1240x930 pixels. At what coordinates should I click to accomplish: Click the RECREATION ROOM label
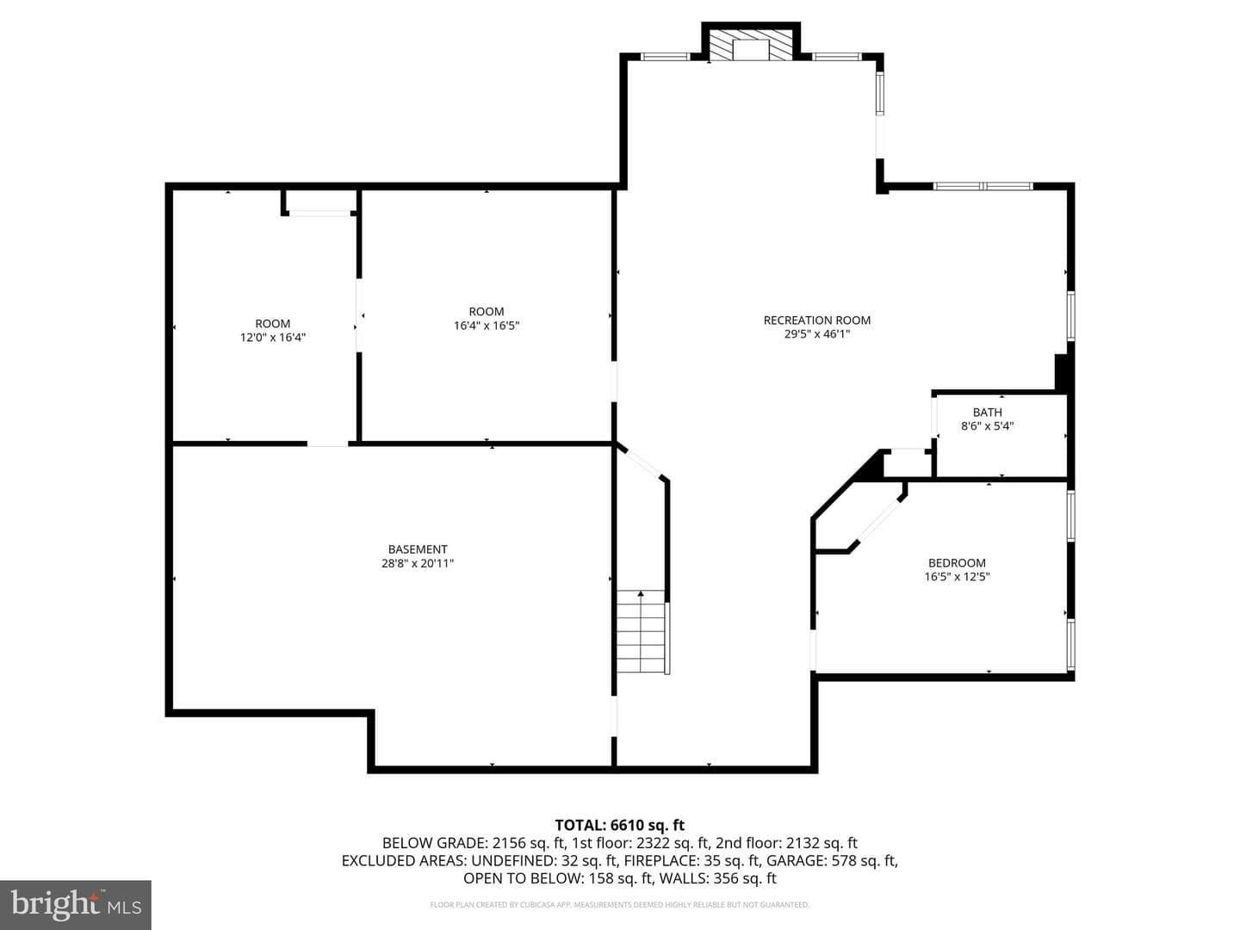coord(817,320)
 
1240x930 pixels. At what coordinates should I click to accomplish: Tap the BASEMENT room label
coord(418,549)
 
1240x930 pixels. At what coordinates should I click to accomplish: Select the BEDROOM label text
coord(957,562)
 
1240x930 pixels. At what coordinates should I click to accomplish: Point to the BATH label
coord(988,412)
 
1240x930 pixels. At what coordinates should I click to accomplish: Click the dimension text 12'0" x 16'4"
coord(273,337)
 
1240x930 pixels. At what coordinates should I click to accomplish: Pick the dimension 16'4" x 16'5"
coord(487,325)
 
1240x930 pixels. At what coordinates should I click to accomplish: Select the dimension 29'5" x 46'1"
coord(817,334)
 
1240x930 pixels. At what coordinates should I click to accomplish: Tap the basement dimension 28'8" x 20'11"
coord(418,563)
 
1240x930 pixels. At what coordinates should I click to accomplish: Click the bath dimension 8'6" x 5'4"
coord(988,425)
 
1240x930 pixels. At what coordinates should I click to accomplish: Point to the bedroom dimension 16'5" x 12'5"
coord(957,577)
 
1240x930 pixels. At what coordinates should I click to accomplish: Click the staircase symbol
coord(641,631)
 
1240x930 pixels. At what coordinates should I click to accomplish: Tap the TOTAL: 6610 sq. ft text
coord(620,826)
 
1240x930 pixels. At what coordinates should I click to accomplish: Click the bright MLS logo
coord(76,904)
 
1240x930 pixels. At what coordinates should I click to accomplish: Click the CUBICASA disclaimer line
coord(620,904)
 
